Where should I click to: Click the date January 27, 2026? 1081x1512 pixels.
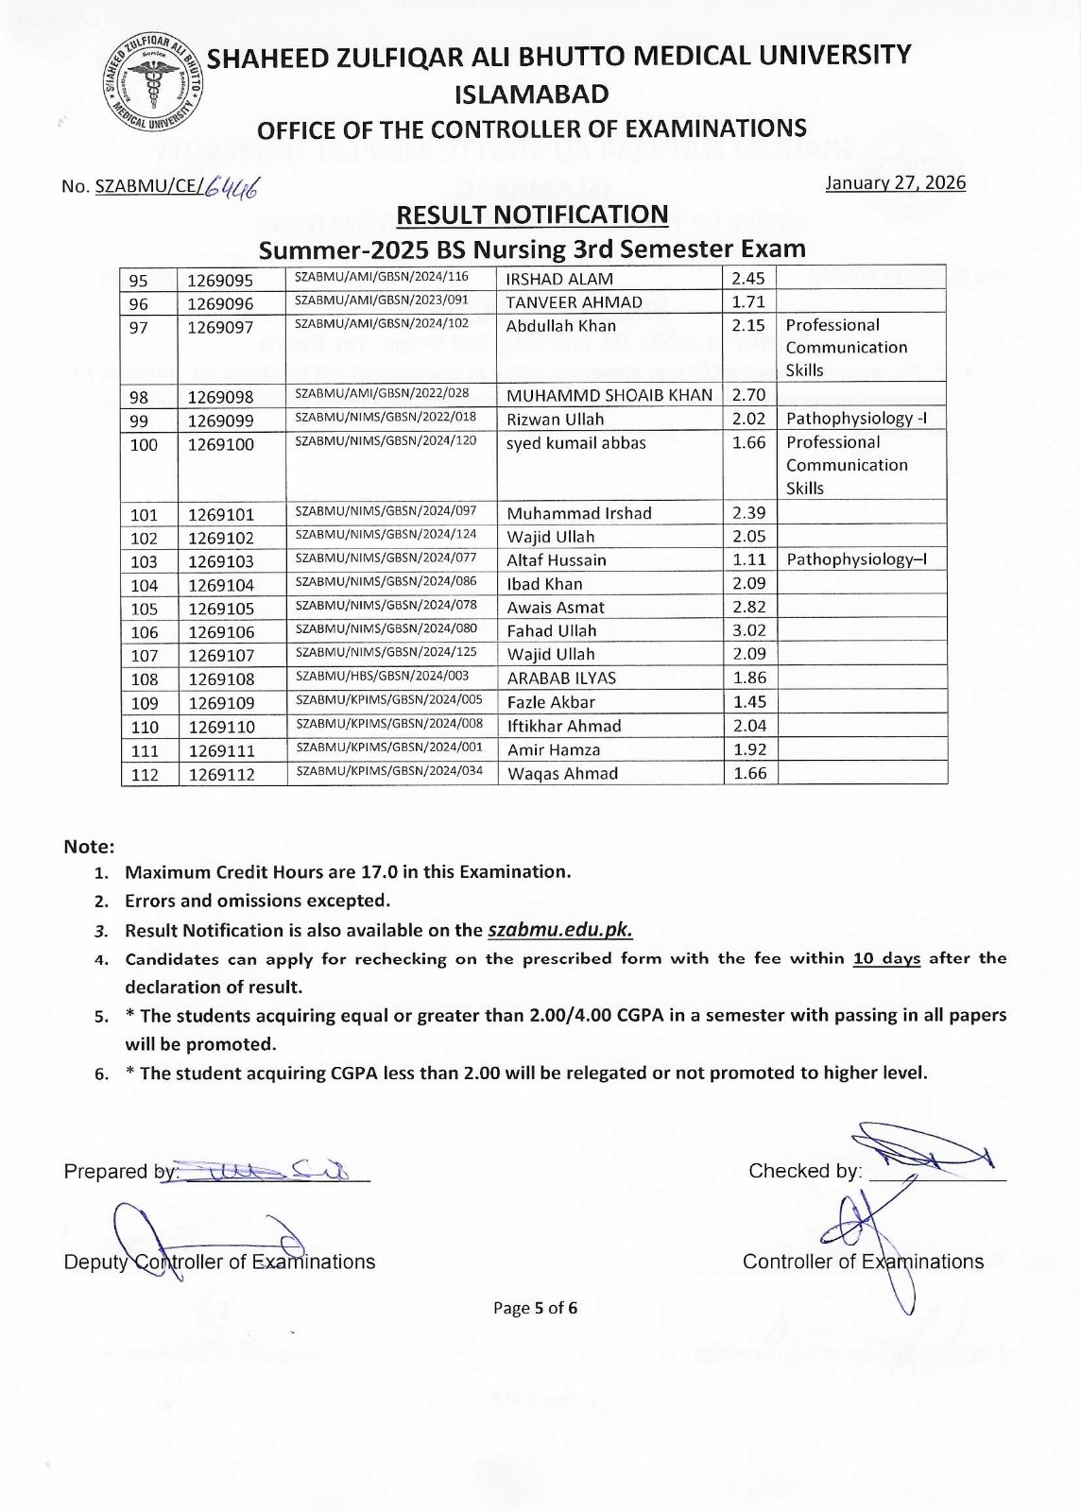(x=896, y=182)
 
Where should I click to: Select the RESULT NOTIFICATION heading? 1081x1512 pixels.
(x=532, y=215)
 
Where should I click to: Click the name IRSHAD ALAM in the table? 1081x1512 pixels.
(x=559, y=279)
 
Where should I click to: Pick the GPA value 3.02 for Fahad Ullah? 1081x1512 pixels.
(x=749, y=630)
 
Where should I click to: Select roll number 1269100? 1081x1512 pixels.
(x=221, y=444)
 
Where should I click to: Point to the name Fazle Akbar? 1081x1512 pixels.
(x=551, y=702)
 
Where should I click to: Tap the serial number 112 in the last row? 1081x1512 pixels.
(x=145, y=774)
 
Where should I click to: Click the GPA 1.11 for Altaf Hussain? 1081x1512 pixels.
(x=749, y=559)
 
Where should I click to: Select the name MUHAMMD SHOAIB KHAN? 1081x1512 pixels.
(x=609, y=395)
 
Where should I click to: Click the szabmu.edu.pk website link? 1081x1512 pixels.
(x=559, y=930)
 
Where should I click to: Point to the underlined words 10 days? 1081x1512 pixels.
(x=886, y=958)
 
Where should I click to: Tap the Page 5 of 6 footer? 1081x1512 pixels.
(x=535, y=1308)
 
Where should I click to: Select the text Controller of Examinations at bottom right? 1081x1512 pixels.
(x=863, y=1262)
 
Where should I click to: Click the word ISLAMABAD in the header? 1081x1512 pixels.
(x=532, y=94)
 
